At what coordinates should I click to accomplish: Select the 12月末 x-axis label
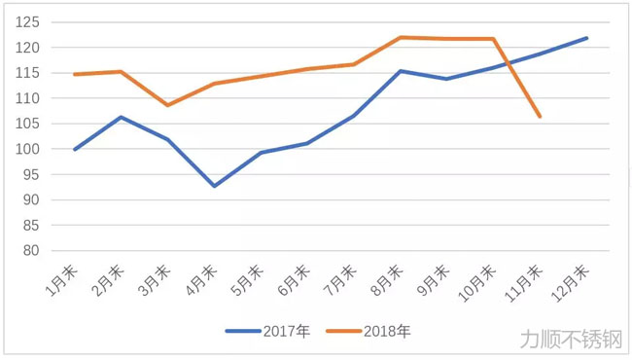578,280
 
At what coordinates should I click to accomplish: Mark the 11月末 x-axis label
531,280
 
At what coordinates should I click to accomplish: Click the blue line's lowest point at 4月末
214,186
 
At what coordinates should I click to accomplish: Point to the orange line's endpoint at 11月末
540,117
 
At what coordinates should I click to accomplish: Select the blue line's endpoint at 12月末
586,38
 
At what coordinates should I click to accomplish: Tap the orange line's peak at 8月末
401,37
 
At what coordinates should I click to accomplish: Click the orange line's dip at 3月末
167,105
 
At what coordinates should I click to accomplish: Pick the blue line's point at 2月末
121,117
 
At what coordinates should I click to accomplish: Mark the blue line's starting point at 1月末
74,150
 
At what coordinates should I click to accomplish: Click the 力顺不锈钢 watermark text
570,338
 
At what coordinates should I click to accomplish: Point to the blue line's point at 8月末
401,71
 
